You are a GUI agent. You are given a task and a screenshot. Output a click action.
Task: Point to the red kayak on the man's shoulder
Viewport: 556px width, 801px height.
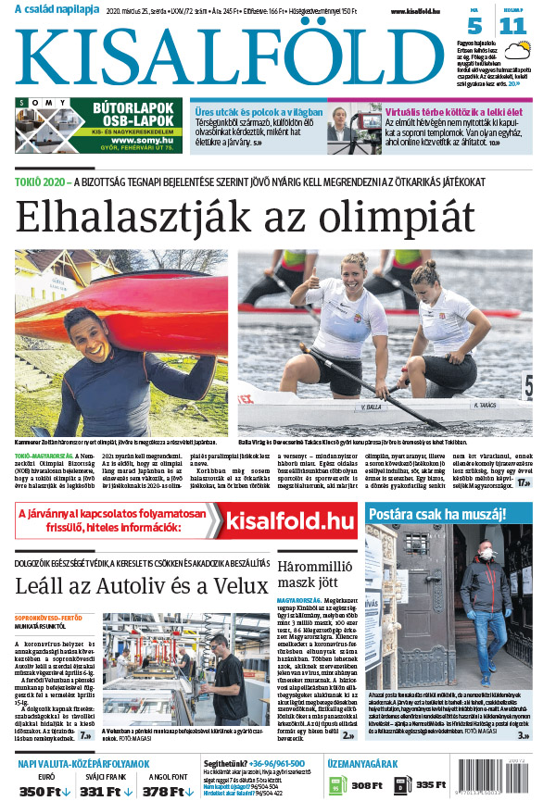(139, 306)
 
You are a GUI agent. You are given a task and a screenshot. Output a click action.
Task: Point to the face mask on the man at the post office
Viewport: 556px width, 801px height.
(483, 555)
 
